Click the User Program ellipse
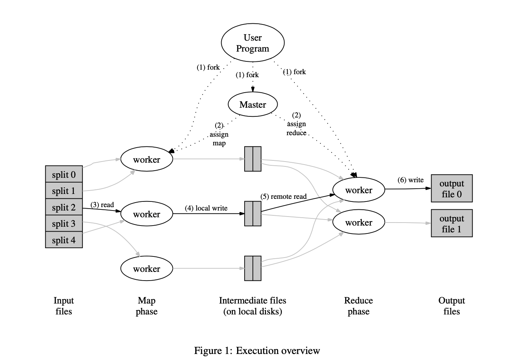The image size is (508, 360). [252, 43]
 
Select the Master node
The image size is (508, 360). [252, 105]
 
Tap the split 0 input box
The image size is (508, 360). [64, 174]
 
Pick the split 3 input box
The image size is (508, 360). [64, 224]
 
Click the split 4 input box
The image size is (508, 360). [64, 240]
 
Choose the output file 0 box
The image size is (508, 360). [451, 189]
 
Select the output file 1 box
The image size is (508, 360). [451, 224]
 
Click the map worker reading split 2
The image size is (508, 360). [147, 214]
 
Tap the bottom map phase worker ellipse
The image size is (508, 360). [147, 268]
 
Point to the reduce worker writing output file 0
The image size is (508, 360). [358, 190]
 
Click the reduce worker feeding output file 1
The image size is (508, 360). [358, 223]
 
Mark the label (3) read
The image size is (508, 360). [102, 205]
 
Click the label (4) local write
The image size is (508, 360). [206, 208]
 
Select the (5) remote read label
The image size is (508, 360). [283, 197]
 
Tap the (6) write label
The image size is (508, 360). [410, 180]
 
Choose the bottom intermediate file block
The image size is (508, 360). [252, 268]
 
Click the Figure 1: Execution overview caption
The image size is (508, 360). [257, 351]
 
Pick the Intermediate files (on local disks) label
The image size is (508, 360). [252, 306]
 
